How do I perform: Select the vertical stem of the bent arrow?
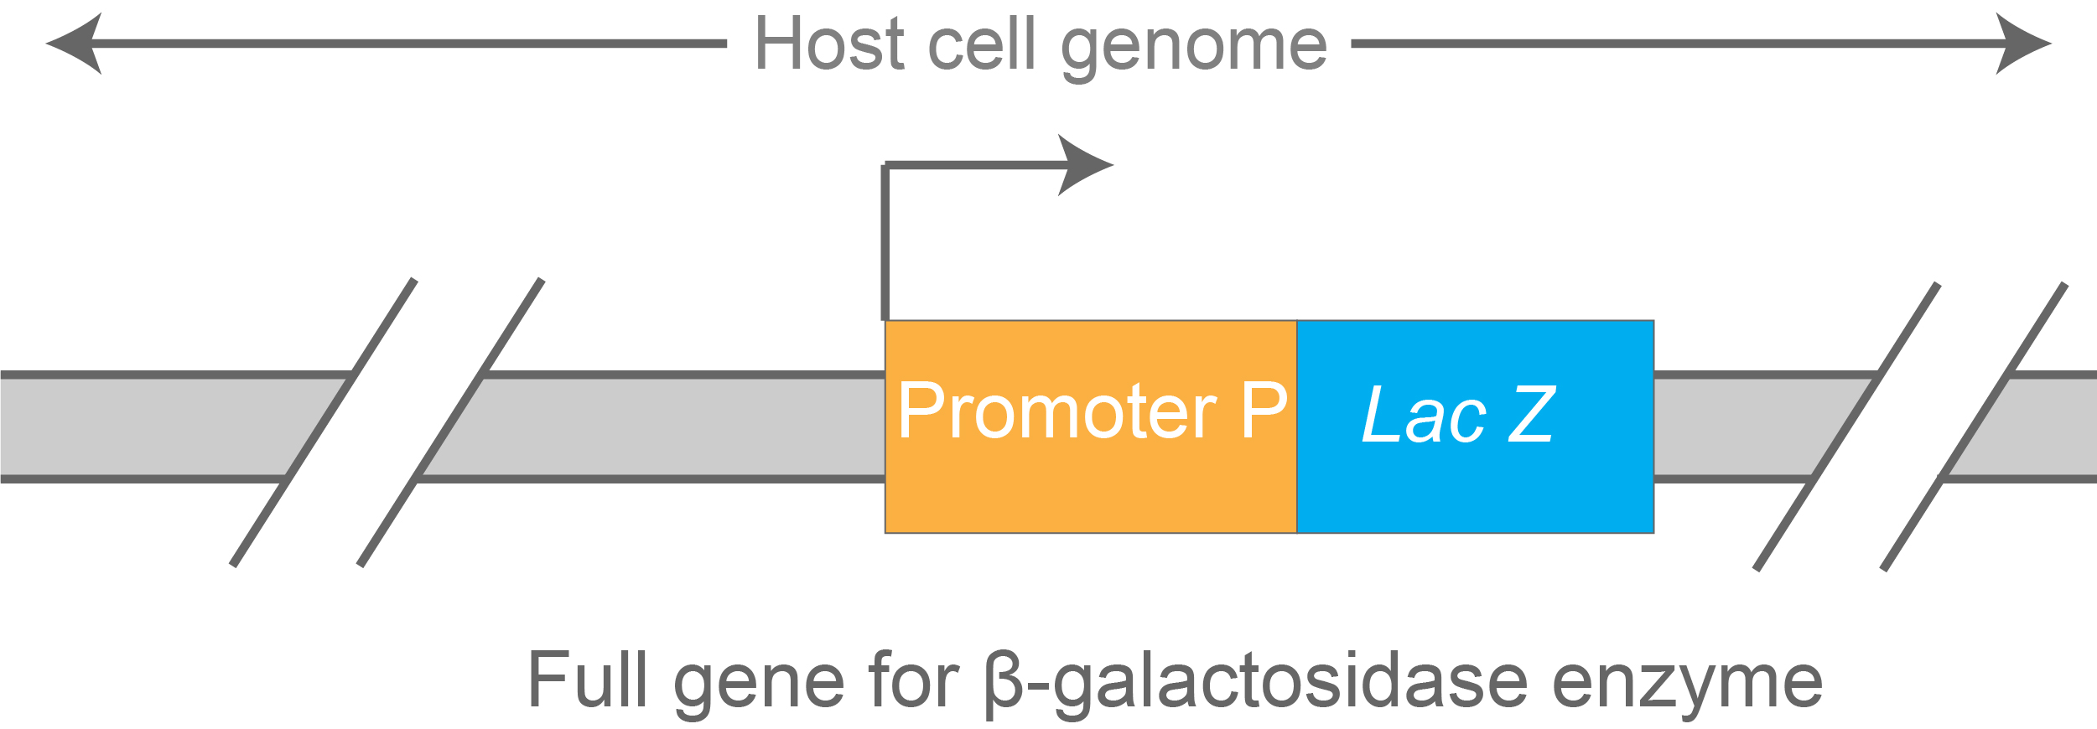coord(885,243)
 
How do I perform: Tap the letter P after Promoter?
coord(1264,411)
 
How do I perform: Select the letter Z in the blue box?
coord(1532,414)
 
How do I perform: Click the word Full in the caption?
coord(587,680)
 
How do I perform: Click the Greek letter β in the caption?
coord(1004,682)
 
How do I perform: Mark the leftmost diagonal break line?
coord(323,423)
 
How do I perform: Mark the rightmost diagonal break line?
coord(1975,427)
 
